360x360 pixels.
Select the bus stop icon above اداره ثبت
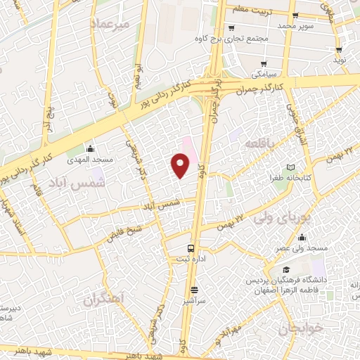click(x=191, y=248)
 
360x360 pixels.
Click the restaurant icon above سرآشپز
click(x=194, y=289)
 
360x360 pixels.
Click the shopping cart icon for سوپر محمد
click(x=299, y=14)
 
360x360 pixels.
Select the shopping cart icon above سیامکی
click(x=255, y=63)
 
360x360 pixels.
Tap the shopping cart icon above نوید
click(x=340, y=50)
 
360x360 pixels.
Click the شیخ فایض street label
click(x=125, y=231)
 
